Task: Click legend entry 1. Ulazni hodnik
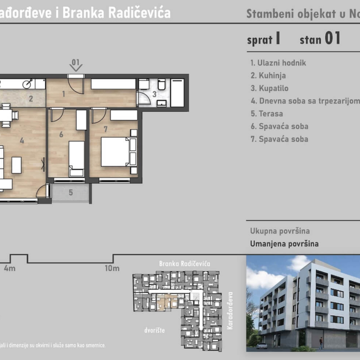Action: click(278, 63)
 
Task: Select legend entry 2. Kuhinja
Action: click(268, 76)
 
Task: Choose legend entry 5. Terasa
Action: click(267, 114)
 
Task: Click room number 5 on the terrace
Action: click(71, 192)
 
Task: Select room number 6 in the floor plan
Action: click(61, 134)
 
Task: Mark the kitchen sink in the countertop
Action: click(29, 84)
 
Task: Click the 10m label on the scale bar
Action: click(112, 268)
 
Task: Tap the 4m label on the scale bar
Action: click(10, 268)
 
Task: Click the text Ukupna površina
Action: click(280, 231)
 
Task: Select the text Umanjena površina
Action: click(284, 244)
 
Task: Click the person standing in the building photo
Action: click(321, 342)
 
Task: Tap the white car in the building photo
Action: click(262, 345)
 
